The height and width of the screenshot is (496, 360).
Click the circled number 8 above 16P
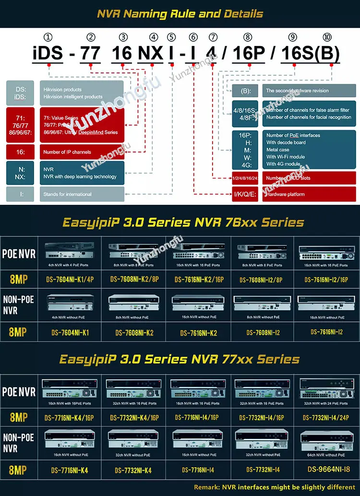click(x=248, y=37)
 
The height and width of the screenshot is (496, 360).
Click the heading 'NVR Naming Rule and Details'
click(x=180, y=13)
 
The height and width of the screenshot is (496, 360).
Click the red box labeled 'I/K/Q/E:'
click(x=246, y=194)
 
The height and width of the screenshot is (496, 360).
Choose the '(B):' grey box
click(x=246, y=91)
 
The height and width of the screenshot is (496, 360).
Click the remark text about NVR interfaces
click(x=275, y=487)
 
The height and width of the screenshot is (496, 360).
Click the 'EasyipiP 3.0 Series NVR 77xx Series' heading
click(x=180, y=359)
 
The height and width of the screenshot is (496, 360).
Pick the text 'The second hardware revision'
click(x=298, y=91)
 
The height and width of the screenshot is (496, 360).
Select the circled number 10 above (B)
click(x=327, y=37)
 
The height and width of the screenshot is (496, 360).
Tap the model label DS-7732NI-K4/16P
click(x=134, y=418)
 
